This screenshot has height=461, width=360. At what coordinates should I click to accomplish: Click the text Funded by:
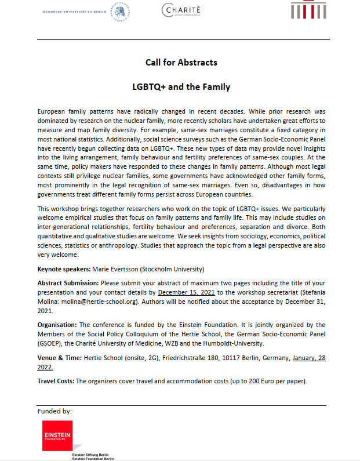54,411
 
